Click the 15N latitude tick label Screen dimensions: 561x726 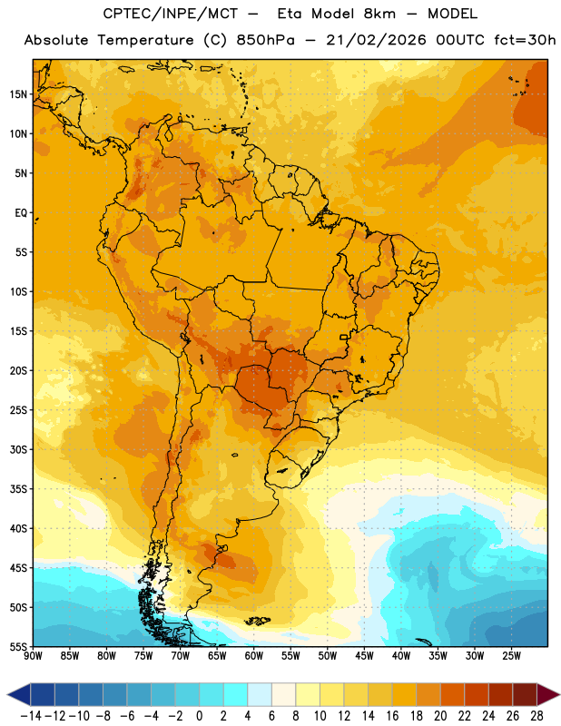coord(18,94)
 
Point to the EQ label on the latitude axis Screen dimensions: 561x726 coord(21,213)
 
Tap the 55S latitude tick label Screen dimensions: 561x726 coord(18,646)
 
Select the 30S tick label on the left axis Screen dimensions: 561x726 coord(18,449)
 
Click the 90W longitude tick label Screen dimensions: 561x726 coord(33,656)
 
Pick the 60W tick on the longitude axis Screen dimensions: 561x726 coord(254,656)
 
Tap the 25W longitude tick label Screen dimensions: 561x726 coord(511,656)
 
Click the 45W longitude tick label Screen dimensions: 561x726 coord(364,656)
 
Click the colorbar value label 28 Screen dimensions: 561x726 coord(536,716)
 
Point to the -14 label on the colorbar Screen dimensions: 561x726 coord(31,716)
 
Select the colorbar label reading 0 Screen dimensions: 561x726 coord(199,716)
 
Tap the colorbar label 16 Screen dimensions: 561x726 coord(392,716)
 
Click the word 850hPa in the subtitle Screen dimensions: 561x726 coord(265,40)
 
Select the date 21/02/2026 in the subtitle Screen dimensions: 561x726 coord(376,40)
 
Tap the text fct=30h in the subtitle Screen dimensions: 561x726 coord(525,40)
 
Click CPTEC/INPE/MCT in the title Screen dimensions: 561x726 coord(171,14)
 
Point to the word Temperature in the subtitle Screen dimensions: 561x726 coord(145,40)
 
